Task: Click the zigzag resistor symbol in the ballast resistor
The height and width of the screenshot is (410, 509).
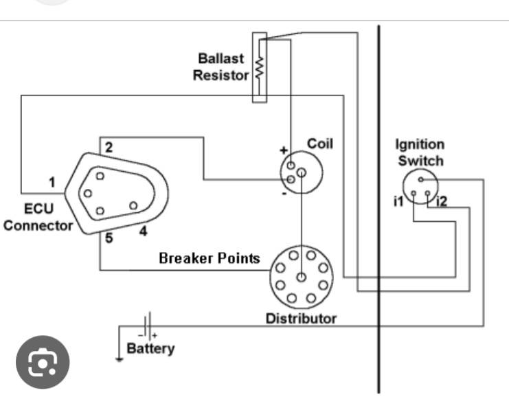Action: pos(259,67)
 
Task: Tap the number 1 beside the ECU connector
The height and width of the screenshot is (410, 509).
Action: pos(52,182)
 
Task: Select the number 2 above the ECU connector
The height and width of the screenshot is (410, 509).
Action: pos(109,148)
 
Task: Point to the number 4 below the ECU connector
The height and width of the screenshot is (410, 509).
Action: pos(143,231)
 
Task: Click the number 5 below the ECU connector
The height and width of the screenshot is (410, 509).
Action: pos(109,238)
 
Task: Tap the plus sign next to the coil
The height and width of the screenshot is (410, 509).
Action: pos(284,150)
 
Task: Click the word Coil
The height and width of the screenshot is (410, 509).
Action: pos(320,144)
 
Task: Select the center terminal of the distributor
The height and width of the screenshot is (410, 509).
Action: pos(302,277)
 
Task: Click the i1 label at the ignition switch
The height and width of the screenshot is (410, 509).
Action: pos(398,202)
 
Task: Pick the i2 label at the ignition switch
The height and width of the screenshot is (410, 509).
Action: pos(442,202)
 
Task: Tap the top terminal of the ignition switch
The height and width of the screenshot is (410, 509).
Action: pos(420,179)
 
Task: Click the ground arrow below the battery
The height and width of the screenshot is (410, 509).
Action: pos(119,359)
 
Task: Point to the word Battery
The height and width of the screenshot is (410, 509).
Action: pos(150,349)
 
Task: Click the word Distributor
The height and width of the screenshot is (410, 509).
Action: pos(301,319)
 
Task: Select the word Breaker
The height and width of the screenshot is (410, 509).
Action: pos(186,258)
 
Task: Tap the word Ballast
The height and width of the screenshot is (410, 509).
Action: pos(220,59)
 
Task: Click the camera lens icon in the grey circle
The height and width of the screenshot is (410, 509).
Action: pos(43,362)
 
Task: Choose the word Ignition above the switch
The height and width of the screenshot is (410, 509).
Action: pos(420,145)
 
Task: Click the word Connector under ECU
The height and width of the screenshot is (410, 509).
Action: pos(38,226)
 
